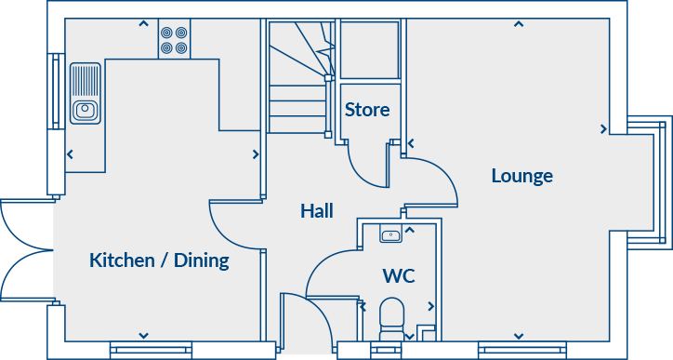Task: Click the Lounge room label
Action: click(521, 176)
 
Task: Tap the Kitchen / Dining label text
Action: click(159, 260)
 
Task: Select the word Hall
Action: click(316, 211)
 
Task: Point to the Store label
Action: click(367, 110)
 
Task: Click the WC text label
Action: click(398, 275)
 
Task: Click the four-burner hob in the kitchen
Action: click(172, 39)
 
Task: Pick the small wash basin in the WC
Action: click(391, 235)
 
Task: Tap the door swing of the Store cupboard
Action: click(369, 167)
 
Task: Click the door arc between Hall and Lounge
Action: click(432, 181)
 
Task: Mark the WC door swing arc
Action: click(331, 270)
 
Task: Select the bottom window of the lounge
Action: click(516, 350)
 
